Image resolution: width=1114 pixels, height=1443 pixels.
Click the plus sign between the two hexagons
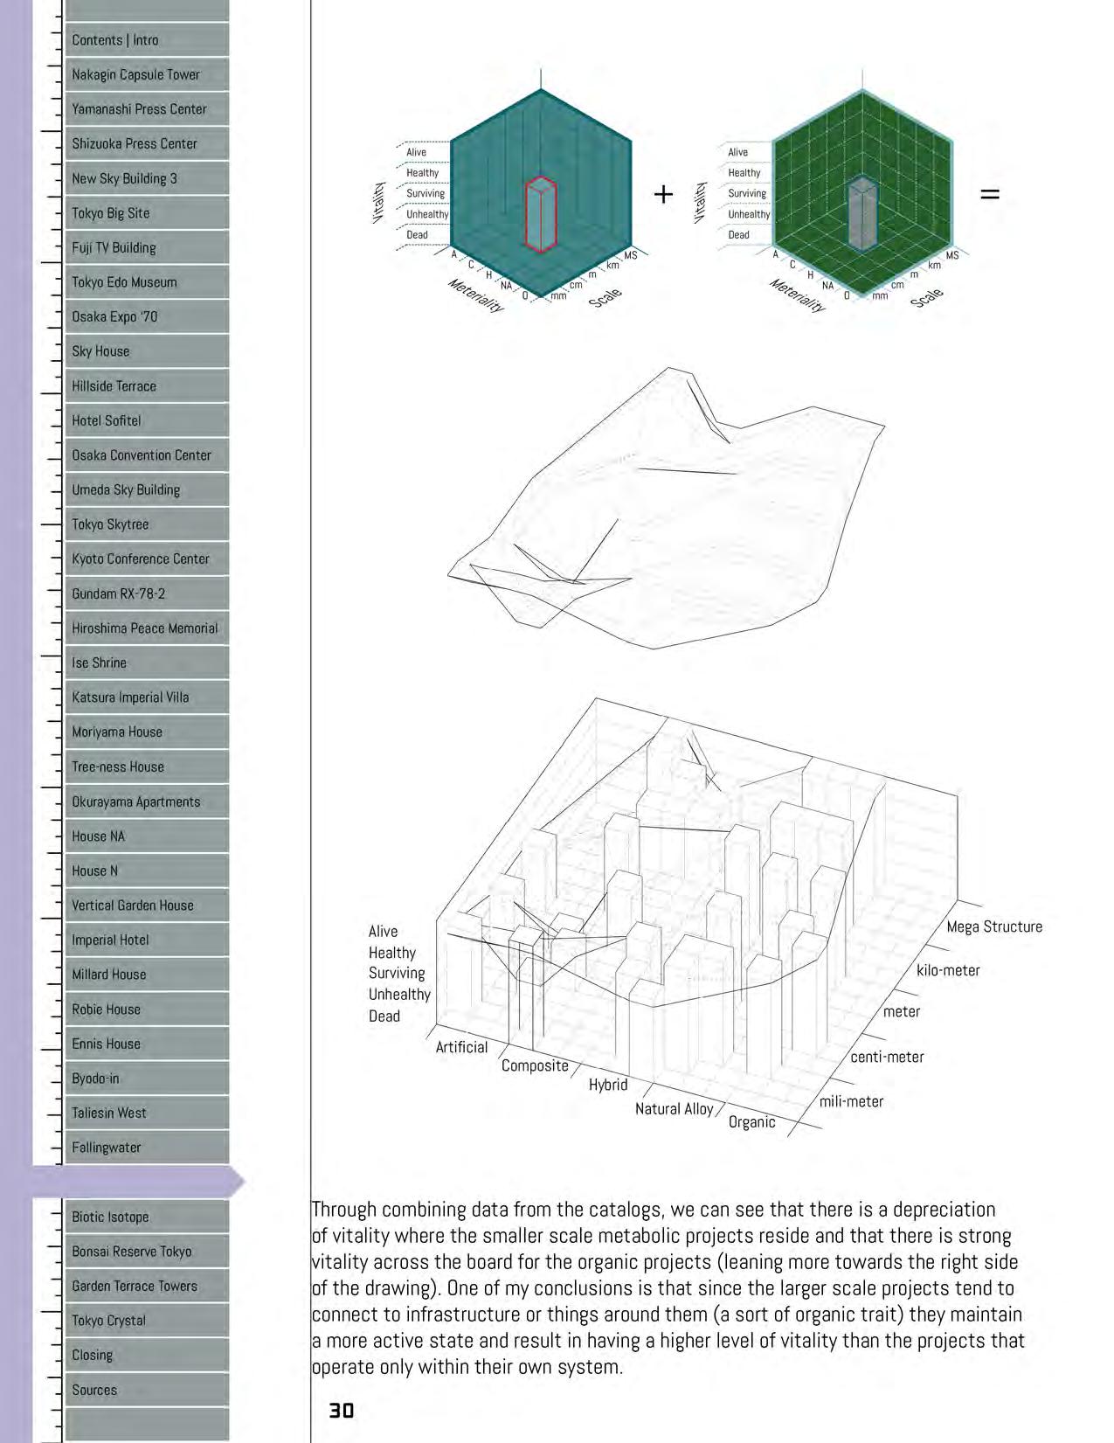663,194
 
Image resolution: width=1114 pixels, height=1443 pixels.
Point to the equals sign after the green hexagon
989,194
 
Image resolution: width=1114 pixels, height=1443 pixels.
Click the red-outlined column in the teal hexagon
541,215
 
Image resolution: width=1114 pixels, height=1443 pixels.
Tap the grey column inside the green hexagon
862,214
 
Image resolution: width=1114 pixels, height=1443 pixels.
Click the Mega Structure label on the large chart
994,926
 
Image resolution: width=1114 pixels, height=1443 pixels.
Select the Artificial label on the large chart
461,1047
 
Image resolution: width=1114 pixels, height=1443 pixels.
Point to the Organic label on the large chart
751,1122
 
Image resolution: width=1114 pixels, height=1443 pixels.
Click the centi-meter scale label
887,1057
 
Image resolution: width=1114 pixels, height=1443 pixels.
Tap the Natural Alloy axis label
674,1108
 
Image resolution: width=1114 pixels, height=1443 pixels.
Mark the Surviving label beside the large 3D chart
397,973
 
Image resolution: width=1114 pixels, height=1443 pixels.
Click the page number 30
341,1410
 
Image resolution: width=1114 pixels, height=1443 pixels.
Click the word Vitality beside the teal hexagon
379,202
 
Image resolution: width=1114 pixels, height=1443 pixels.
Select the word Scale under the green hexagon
926,297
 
